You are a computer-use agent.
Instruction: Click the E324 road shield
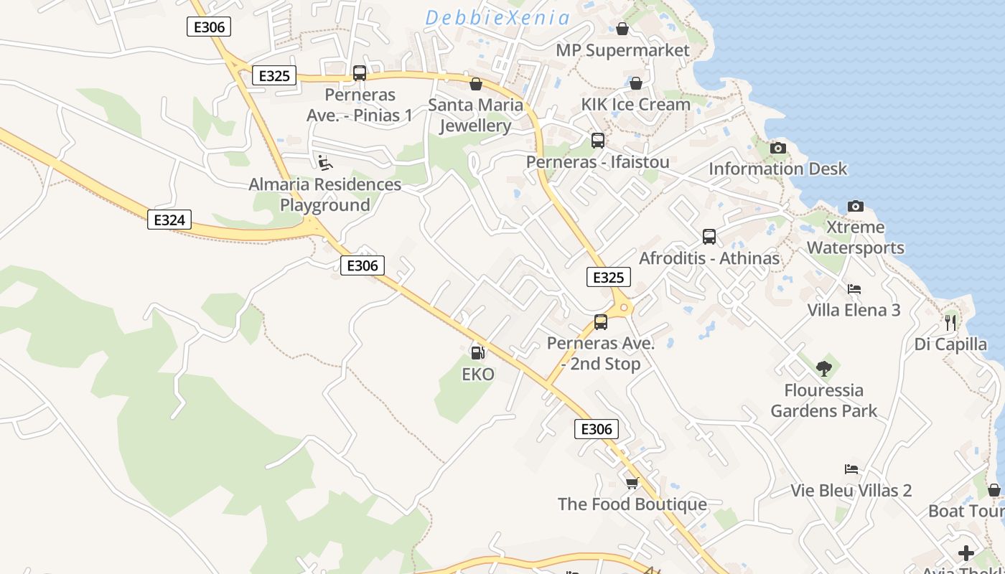tap(169, 220)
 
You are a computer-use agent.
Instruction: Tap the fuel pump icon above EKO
tap(477, 352)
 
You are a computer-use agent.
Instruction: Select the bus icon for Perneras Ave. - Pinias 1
tap(360, 73)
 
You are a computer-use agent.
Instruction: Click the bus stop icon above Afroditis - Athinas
tap(709, 237)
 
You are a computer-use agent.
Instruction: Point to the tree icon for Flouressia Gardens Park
tap(823, 369)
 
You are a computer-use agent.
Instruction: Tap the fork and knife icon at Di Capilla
tap(950, 323)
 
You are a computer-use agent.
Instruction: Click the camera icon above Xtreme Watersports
tap(855, 207)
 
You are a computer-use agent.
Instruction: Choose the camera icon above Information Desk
tap(777, 149)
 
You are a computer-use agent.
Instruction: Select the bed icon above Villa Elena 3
tap(854, 289)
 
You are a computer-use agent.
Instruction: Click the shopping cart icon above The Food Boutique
tap(632, 483)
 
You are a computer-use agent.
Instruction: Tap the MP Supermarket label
tap(622, 50)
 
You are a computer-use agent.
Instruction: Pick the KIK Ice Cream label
tap(635, 104)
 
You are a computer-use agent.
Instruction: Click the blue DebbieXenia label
tap(497, 18)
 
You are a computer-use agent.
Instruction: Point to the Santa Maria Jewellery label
tap(475, 116)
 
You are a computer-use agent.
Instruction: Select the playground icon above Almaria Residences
tap(325, 163)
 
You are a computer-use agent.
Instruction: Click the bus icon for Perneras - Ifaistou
tap(597, 141)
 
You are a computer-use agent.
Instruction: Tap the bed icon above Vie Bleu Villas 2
tap(851, 469)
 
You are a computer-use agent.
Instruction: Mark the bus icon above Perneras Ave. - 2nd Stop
tap(601, 322)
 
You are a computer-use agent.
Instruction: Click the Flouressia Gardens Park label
tap(824, 401)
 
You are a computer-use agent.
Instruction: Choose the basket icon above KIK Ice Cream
tap(635, 83)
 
